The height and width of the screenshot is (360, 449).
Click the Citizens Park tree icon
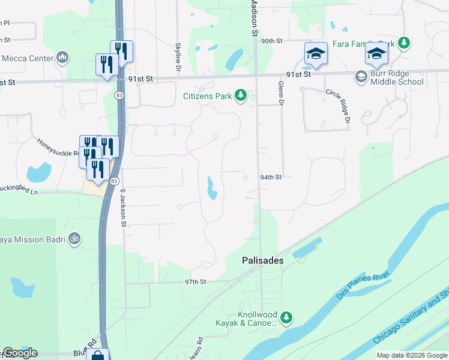point(241,96)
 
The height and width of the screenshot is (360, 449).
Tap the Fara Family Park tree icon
point(405,43)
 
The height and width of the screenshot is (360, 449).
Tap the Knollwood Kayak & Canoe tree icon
point(287,317)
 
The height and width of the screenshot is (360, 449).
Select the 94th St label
point(271,178)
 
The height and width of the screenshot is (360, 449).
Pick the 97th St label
point(195,281)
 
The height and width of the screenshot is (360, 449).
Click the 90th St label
point(271,41)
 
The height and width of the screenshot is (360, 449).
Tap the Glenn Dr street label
point(280,94)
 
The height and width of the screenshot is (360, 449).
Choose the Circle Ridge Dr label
point(337,106)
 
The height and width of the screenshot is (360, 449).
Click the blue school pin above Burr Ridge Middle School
point(376,55)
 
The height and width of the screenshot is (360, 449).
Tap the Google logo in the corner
point(19,352)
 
